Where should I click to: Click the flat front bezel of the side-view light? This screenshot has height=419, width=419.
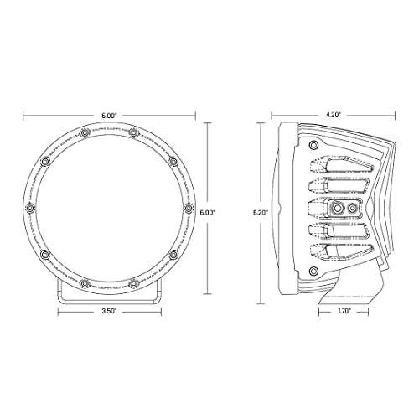(x=283, y=206)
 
